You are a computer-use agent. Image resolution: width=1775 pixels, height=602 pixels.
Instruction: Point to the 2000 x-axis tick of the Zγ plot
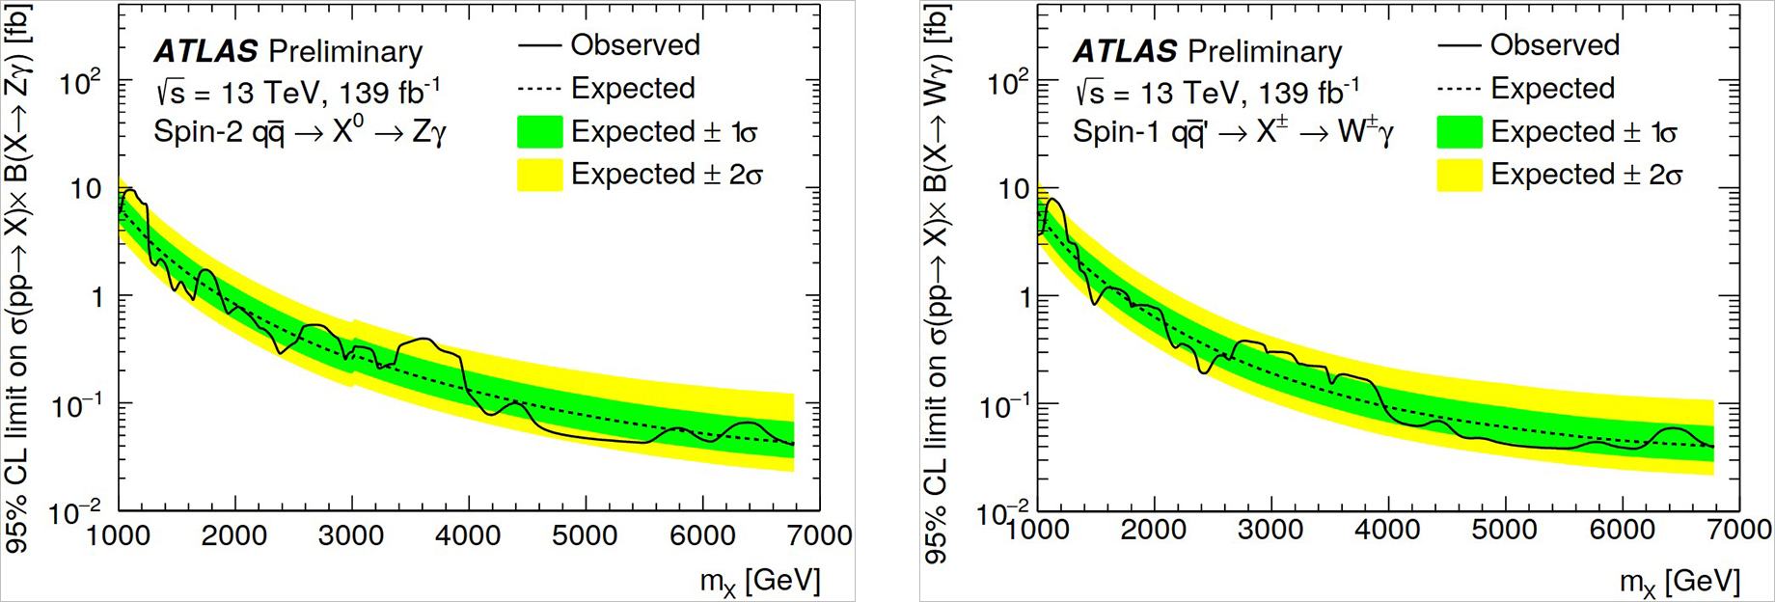point(234,534)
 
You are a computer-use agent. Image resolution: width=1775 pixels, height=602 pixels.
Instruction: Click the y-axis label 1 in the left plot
point(96,297)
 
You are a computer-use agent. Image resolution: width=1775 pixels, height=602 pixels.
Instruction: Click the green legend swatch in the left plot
point(539,132)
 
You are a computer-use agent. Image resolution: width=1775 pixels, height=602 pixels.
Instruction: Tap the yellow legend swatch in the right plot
point(1459,176)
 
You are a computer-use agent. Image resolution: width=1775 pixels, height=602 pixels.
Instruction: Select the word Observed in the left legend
point(635,45)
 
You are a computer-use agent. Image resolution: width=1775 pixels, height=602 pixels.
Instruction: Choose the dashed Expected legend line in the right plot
point(1459,89)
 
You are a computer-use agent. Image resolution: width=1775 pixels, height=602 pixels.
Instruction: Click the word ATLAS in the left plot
point(205,51)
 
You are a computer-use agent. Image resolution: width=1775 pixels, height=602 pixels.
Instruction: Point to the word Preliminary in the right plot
point(1264,51)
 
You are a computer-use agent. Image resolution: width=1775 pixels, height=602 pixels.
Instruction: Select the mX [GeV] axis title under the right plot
point(1679,581)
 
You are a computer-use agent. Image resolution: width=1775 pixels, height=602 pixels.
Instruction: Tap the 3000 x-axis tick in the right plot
point(1271,530)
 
